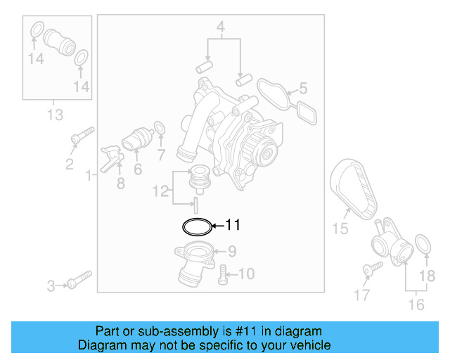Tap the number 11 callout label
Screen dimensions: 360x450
(x=233, y=225)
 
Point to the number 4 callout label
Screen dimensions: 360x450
(x=220, y=29)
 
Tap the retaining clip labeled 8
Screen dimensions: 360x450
(x=110, y=159)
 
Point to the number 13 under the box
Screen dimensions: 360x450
(x=55, y=114)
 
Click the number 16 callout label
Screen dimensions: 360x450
(x=416, y=304)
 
